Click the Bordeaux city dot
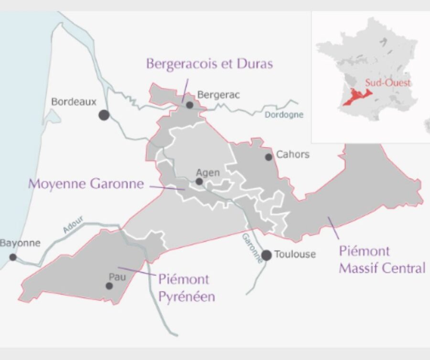click(104, 115)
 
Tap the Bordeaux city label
click(74, 102)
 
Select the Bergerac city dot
click(190, 105)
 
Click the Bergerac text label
click(218, 95)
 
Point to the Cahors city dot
click(269, 157)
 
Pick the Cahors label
click(293, 155)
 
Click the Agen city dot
click(199, 182)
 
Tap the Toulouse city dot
click(267, 255)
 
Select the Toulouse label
click(295, 254)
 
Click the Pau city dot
click(109, 286)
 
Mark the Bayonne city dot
click(13, 257)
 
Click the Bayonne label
click(20, 243)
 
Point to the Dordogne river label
click(284, 115)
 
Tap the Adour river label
click(73, 224)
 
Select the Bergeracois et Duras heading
click(209, 64)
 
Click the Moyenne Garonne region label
click(86, 184)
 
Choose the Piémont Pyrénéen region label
click(186, 287)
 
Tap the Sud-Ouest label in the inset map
click(388, 83)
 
